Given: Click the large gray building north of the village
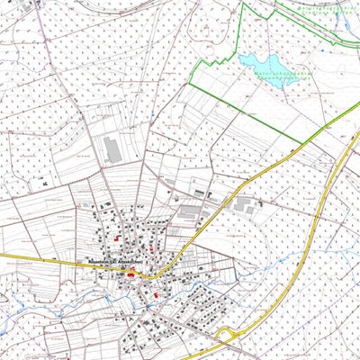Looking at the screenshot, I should tap(112, 149).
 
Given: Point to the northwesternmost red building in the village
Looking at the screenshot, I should tap(118, 238).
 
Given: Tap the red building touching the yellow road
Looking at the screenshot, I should tap(132, 275).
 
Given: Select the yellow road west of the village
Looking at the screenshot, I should tap(36, 257).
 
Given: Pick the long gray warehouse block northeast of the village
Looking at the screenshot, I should tap(189, 212).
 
